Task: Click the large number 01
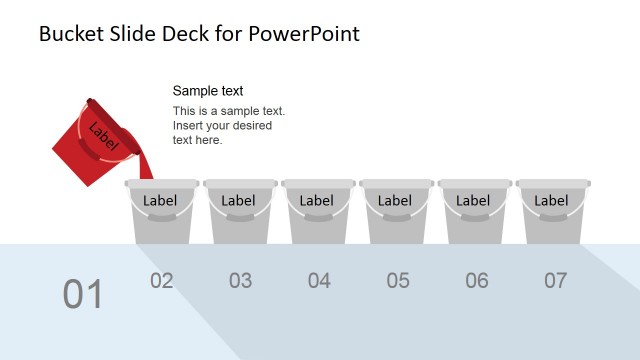click(x=83, y=294)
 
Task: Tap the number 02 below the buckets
click(x=162, y=281)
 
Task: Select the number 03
click(x=240, y=281)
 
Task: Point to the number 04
click(x=319, y=281)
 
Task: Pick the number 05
click(x=398, y=281)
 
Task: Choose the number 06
click(x=477, y=281)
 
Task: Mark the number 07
click(x=555, y=281)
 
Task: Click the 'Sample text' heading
click(x=208, y=91)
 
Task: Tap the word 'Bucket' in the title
click(x=72, y=34)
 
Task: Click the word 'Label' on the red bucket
click(x=103, y=134)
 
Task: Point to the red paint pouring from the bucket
click(x=145, y=164)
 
